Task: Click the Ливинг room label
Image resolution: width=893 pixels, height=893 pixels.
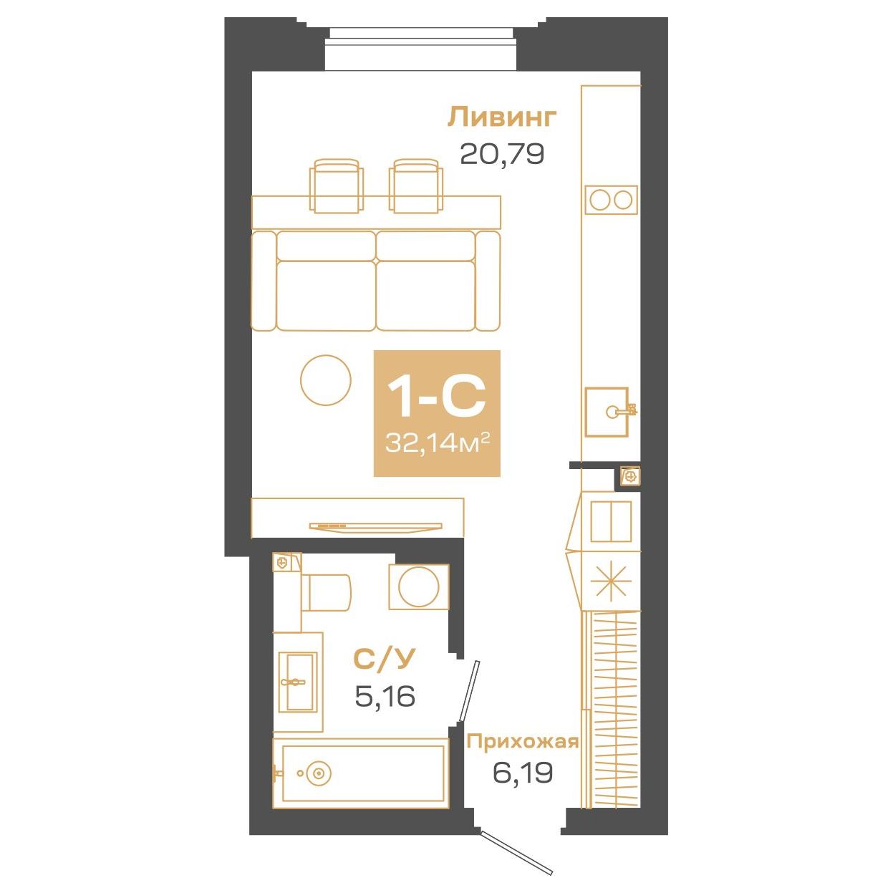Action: (x=501, y=117)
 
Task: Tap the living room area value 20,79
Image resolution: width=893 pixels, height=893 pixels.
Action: (x=501, y=153)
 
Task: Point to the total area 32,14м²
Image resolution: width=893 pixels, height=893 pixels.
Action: (x=437, y=443)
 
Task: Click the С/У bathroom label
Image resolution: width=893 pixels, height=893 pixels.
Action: (x=385, y=660)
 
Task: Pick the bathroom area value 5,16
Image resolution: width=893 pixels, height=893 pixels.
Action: (x=385, y=695)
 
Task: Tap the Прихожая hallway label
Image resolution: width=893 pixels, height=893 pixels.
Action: (x=522, y=742)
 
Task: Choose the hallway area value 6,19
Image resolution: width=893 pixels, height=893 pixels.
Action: (x=522, y=773)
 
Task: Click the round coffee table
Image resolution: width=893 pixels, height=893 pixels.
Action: (x=326, y=380)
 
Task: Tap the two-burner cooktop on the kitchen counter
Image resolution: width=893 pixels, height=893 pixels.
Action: (x=611, y=200)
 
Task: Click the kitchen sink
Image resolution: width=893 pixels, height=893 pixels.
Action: (x=607, y=411)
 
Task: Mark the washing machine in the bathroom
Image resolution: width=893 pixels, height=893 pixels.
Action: (x=419, y=587)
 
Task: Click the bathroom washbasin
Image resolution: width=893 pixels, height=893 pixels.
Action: (x=296, y=682)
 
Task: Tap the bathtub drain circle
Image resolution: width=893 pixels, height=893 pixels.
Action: (x=318, y=773)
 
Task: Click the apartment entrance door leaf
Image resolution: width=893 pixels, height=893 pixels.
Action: (x=517, y=853)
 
